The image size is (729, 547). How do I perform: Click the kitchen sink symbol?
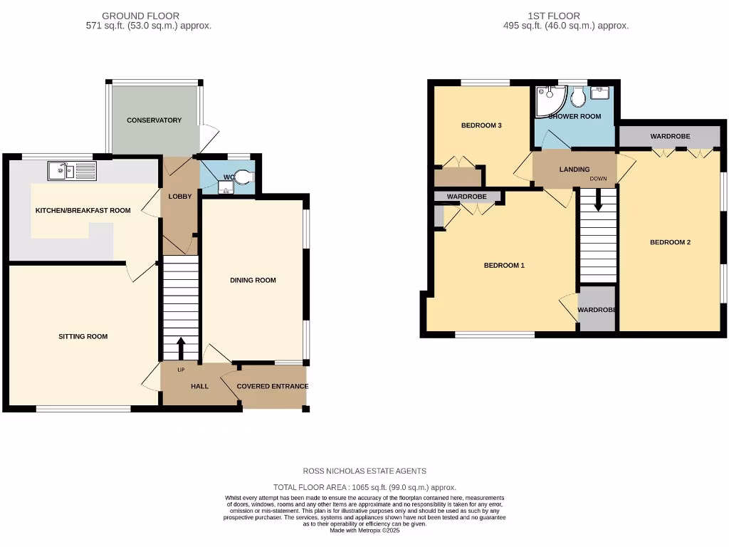(72, 171)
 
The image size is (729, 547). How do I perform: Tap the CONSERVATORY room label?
(154, 120)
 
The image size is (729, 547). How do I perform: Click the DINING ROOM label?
(253, 280)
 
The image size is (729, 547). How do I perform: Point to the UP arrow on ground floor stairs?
(180, 348)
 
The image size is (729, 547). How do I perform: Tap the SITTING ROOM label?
(83, 336)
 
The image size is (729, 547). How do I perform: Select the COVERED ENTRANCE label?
(273, 386)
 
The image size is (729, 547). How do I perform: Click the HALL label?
(199, 386)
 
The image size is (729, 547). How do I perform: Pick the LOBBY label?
(179, 197)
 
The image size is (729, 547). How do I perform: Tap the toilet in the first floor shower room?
(578, 98)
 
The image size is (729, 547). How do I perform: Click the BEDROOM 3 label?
(481, 125)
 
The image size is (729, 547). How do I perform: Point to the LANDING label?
(574, 170)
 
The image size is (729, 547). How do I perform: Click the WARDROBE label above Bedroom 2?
(668, 136)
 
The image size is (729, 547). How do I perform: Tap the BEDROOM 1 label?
(504, 266)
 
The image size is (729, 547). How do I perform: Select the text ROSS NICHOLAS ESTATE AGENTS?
(364, 471)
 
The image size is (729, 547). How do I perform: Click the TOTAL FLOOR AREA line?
(364, 487)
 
